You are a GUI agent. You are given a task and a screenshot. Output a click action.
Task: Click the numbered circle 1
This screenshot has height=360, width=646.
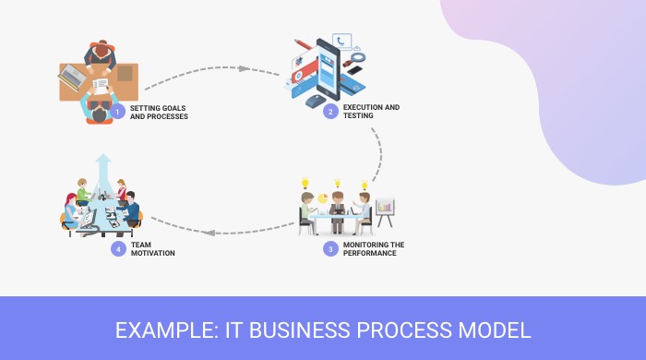point(117,113)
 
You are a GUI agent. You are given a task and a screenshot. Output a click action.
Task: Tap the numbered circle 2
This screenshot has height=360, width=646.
point(330,112)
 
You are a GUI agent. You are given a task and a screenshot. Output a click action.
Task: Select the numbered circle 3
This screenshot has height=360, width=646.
point(330,248)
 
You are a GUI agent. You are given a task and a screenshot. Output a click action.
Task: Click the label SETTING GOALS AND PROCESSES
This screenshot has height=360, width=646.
point(159,113)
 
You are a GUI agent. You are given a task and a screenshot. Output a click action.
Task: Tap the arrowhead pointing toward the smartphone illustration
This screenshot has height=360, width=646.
point(245,68)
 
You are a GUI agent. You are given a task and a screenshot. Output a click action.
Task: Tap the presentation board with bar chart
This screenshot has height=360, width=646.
point(384,208)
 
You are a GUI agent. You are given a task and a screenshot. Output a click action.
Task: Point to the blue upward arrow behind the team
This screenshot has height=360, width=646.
point(104,169)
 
